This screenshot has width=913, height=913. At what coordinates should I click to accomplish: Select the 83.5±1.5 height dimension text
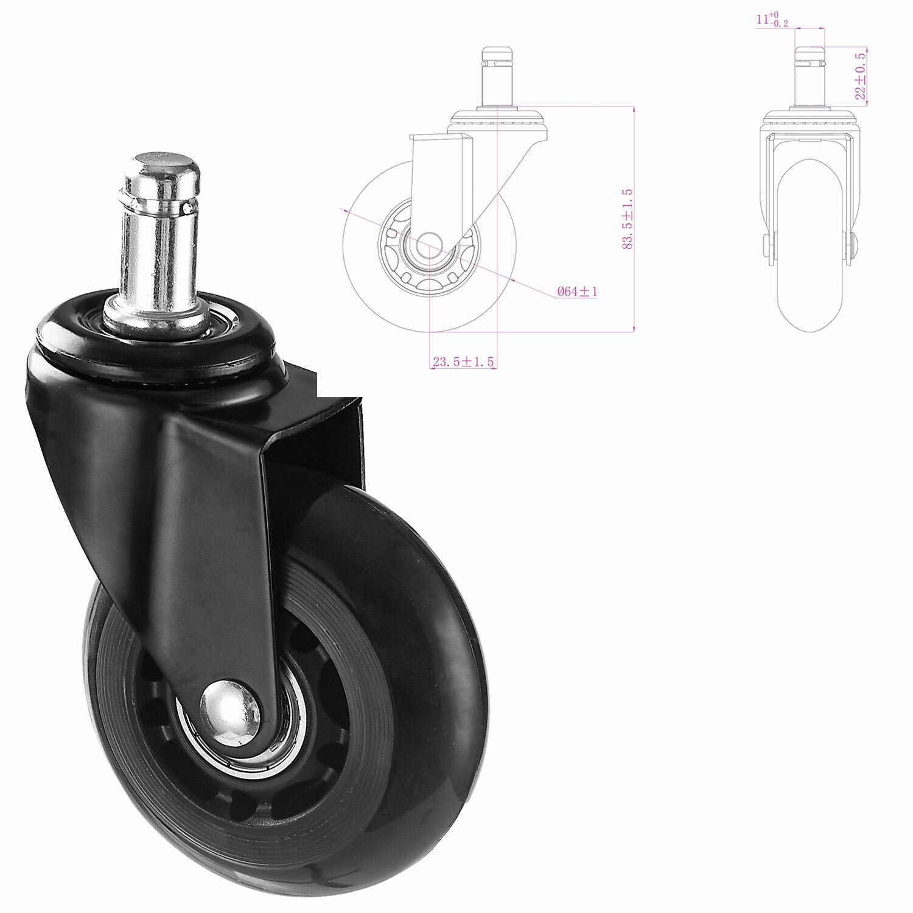pyautogui.click(x=628, y=219)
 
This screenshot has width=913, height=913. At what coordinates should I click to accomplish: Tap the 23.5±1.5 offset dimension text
pyautogui.click(x=463, y=362)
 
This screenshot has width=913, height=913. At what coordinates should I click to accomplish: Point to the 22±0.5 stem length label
pyautogui.click(x=860, y=75)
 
